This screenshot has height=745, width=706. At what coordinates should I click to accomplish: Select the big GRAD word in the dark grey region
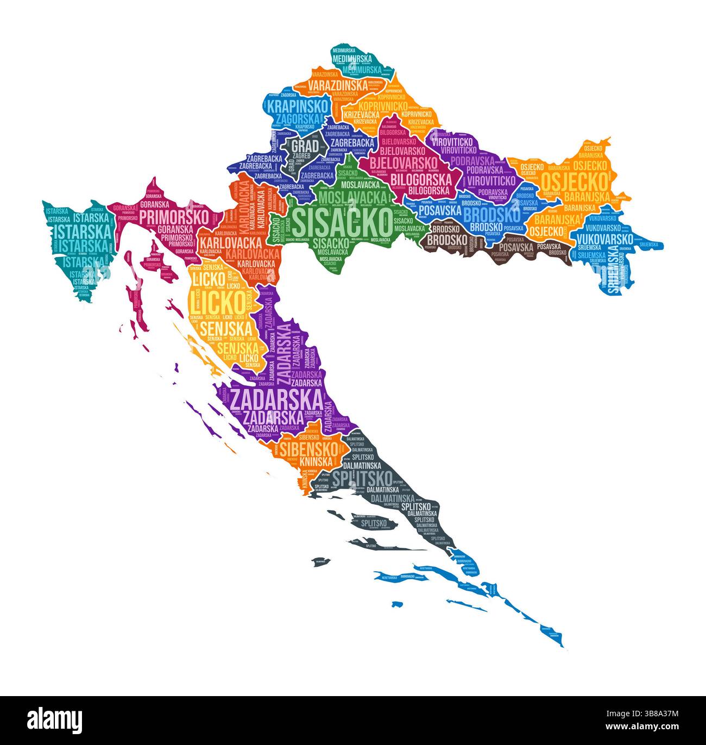click(305, 146)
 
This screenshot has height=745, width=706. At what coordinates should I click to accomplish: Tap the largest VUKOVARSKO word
click(604, 239)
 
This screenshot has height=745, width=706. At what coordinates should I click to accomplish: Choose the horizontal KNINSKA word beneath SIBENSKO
click(315, 461)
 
